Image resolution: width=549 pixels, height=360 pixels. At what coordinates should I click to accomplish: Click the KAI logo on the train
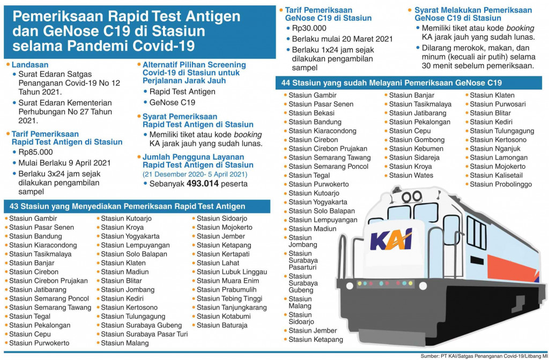click(391, 239)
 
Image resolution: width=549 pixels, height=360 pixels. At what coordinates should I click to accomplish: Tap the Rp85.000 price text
click(36, 152)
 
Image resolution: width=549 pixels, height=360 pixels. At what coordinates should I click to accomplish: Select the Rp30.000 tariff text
click(310, 28)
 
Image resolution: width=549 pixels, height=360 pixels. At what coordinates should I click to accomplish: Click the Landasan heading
click(30, 64)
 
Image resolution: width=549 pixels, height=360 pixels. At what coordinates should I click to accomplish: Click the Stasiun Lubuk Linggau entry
click(231, 272)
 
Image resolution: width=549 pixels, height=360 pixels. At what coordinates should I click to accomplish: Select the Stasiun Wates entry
click(411, 175)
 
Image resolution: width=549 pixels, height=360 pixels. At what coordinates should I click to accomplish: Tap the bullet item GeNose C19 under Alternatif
click(172, 102)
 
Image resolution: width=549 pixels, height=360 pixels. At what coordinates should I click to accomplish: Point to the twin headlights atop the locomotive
click(411, 196)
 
